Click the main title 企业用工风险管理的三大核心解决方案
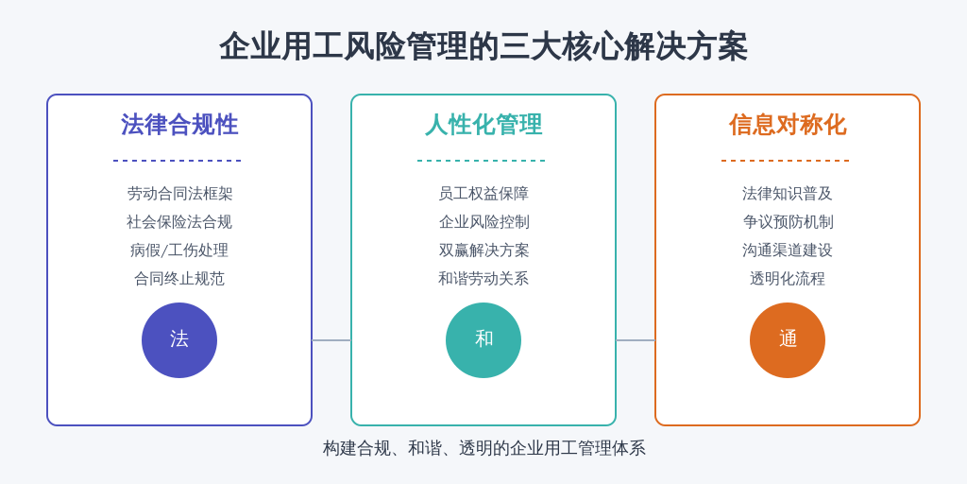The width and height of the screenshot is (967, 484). coord(483,46)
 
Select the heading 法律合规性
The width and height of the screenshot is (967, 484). coord(179,125)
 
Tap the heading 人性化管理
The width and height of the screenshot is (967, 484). coord(483,125)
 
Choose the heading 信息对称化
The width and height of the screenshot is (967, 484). coord(788,125)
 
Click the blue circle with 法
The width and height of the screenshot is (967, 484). coord(179,340)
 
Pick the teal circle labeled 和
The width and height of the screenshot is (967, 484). coord(483,340)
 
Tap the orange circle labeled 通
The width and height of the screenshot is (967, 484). coord(788,340)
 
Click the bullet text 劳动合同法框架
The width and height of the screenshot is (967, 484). coord(179,194)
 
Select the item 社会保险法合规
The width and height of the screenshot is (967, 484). coord(179,222)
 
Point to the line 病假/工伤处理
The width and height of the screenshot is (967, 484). coord(179,251)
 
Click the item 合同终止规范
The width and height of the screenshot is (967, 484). coord(179,279)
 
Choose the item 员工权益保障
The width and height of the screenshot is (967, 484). coord(483,194)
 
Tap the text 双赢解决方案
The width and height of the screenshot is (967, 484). coord(483,251)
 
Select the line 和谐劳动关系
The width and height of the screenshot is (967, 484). coord(483,279)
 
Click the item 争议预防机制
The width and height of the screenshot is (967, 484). coord(788,222)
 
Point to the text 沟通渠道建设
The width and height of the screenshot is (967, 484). coord(788,251)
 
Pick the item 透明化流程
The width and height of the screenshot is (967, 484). coord(788,279)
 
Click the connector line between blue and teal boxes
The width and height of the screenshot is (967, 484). coord(331,340)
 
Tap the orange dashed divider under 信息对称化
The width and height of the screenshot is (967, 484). coord(785,161)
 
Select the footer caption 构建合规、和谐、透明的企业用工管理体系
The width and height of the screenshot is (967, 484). coord(484,448)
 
